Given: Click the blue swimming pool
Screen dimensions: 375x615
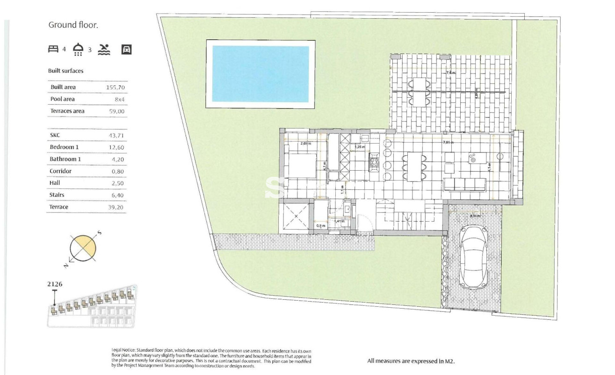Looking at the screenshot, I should [x=260, y=74].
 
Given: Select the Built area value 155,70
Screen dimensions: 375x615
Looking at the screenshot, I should [x=116, y=87].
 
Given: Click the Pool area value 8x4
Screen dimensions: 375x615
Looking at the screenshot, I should [x=120, y=99].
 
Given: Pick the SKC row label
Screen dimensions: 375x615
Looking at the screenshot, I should [x=55, y=136].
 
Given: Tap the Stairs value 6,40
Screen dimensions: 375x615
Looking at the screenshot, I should [x=118, y=195].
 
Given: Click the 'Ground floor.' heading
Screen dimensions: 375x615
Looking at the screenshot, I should [x=73, y=25].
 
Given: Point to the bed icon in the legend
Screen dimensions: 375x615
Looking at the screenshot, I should [x=53, y=49].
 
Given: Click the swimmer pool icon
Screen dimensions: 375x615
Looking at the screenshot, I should [x=104, y=49].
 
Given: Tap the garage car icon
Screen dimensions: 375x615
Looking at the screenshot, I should [x=126, y=49].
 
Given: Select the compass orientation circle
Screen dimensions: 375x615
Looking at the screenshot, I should [x=83, y=247].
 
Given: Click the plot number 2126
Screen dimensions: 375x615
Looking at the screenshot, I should [x=55, y=284].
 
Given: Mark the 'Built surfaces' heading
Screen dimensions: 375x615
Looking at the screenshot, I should [x=65, y=71].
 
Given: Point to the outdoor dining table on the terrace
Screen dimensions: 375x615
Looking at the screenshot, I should [x=420, y=91].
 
